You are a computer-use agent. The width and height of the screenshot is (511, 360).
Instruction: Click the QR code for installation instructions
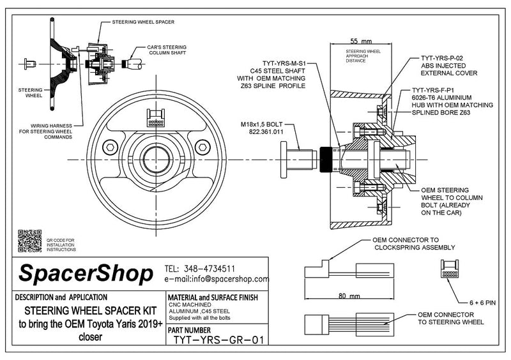point(29,241)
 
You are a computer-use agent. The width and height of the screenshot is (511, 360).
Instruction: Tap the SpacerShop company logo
point(86,274)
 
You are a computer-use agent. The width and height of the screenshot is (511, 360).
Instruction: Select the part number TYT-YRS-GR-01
point(218,340)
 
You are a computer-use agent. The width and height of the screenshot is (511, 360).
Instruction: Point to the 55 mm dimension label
point(361,41)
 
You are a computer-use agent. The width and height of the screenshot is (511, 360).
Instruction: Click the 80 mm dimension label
point(349,296)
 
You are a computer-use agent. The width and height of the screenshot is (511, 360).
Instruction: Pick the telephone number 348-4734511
point(210,269)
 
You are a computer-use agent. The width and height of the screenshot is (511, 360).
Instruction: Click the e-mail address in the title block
point(217,279)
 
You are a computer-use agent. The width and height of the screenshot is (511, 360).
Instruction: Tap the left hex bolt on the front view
point(110,147)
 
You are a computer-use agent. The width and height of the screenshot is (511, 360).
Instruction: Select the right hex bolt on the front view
point(202,147)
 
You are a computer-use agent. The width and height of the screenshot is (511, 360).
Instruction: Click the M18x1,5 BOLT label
point(262,124)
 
